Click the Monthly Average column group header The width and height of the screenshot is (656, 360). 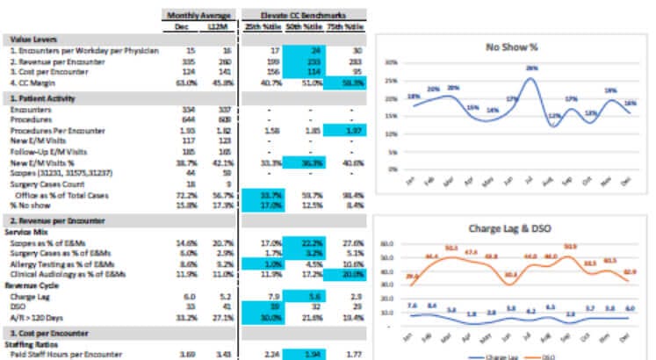198,15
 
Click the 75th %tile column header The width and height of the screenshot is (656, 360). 344,26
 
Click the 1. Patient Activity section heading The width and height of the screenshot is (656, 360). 40,98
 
